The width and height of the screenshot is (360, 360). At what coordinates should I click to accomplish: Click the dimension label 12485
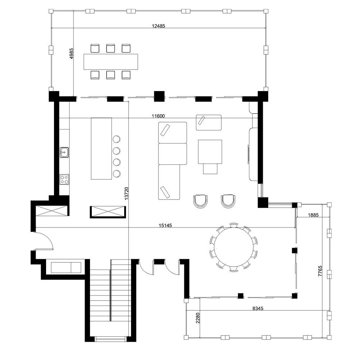(x=158, y=26)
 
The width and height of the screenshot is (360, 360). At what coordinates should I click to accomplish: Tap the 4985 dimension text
(x=71, y=54)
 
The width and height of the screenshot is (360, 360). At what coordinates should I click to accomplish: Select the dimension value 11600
(x=158, y=116)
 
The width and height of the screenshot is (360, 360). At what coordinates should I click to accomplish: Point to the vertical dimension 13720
(x=126, y=194)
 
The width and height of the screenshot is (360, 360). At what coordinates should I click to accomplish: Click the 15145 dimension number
(x=165, y=225)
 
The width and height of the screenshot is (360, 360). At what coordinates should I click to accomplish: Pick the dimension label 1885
(x=313, y=215)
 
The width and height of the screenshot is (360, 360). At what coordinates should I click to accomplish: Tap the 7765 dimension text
(x=320, y=271)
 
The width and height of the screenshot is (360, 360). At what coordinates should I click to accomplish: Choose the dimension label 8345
(x=258, y=309)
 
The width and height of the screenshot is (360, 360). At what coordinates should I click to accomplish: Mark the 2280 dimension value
(x=198, y=318)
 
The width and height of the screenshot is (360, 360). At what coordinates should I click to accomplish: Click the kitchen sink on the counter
(x=64, y=152)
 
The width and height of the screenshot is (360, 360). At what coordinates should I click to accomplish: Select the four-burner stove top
(x=64, y=179)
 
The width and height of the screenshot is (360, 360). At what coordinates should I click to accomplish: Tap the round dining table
(x=234, y=247)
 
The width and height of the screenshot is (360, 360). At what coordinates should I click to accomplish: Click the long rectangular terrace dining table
(x=111, y=62)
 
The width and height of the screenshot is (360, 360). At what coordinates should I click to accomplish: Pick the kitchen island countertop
(x=102, y=149)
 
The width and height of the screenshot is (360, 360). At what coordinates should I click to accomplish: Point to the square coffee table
(x=210, y=152)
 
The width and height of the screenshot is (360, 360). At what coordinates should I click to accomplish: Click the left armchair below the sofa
(x=201, y=201)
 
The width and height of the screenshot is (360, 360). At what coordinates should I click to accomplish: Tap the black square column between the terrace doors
(x=159, y=96)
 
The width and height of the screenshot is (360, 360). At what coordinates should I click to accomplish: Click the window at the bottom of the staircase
(x=111, y=339)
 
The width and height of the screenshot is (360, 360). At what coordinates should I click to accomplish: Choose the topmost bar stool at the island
(x=117, y=139)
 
